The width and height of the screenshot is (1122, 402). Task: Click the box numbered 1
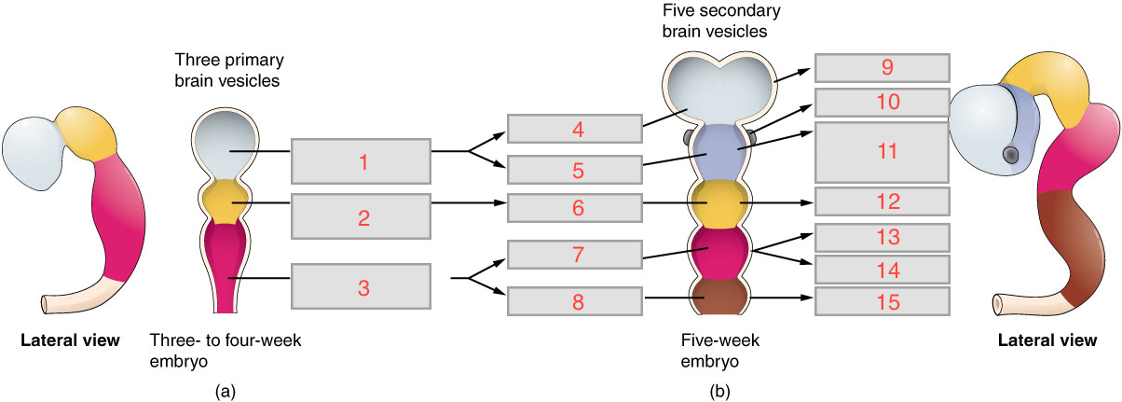pos(362,161)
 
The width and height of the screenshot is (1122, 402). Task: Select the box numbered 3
pos(362,286)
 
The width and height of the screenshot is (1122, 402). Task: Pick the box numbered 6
pos(574,208)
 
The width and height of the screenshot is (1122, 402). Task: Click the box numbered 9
pos(882,67)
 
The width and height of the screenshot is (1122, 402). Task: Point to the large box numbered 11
pos(882,151)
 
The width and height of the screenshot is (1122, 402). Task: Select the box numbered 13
pos(882,237)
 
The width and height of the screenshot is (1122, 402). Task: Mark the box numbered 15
pos(882,300)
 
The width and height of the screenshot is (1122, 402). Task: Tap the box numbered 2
pos(362,217)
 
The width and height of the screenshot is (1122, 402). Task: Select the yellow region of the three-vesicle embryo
pos(223,199)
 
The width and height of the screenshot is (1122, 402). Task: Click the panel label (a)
pos(223,392)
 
